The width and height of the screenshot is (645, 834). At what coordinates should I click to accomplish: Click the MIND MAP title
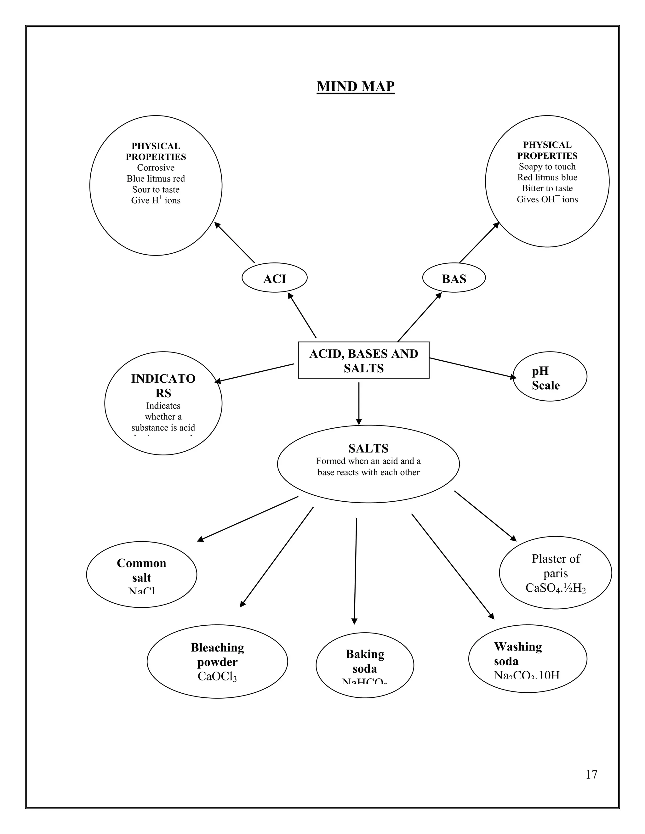point(355,86)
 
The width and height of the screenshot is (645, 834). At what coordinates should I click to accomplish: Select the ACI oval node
point(274,279)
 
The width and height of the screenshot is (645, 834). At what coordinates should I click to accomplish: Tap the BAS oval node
point(454,279)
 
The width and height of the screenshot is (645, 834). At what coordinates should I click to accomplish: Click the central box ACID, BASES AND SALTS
point(363,360)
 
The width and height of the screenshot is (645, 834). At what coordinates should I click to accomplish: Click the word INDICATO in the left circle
point(163,379)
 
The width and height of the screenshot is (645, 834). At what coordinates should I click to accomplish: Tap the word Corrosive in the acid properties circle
point(156,168)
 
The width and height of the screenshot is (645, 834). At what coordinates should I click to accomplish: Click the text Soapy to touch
point(547,166)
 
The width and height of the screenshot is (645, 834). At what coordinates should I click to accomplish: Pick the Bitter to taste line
point(547,188)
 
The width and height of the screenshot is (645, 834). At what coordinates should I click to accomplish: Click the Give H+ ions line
point(156,200)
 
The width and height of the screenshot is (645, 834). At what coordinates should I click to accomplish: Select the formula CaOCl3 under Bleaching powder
point(217,676)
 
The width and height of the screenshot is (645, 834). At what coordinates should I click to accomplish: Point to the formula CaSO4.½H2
point(555,588)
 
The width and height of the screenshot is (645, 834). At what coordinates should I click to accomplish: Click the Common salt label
point(141,570)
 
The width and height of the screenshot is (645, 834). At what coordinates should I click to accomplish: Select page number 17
point(591,775)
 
